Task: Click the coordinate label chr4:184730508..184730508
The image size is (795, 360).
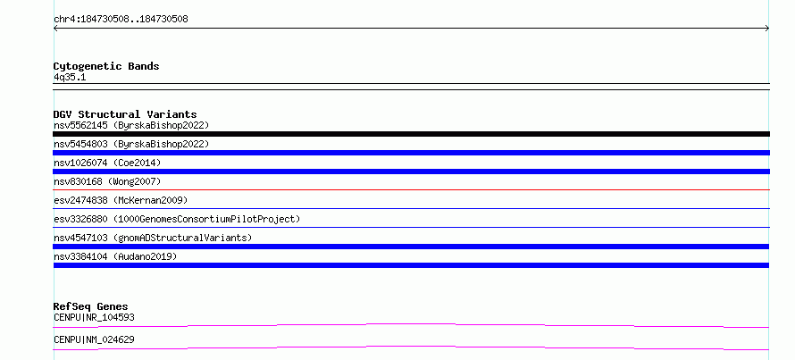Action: [121, 20]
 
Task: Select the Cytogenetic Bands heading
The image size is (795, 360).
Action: [106, 66]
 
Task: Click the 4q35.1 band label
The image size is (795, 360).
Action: [70, 77]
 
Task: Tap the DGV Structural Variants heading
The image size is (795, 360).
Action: [125, 114]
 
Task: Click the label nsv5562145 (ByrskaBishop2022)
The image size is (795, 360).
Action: [131, 125]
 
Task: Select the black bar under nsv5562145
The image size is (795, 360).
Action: [411, 134]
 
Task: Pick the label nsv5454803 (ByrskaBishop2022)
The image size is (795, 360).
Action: [131, 144]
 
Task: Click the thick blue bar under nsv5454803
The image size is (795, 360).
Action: [411, 153]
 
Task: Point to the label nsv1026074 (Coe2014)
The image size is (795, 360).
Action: [107, 163]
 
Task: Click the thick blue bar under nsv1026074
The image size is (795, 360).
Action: [411, 172]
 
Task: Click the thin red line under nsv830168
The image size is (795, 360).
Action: [411, 189]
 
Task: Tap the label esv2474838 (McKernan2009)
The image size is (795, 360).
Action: [121, 200]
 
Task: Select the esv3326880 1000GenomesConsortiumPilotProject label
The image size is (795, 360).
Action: [177, 219]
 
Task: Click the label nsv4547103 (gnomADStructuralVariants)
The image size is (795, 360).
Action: [153, 238]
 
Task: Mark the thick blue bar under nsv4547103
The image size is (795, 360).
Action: [411, 247]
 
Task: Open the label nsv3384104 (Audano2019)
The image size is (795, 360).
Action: [115, 256]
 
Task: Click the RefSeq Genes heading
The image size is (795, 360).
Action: [90, 306]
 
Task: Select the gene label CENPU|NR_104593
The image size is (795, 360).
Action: [94, 318]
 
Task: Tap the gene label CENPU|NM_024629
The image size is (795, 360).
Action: [94, 339]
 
